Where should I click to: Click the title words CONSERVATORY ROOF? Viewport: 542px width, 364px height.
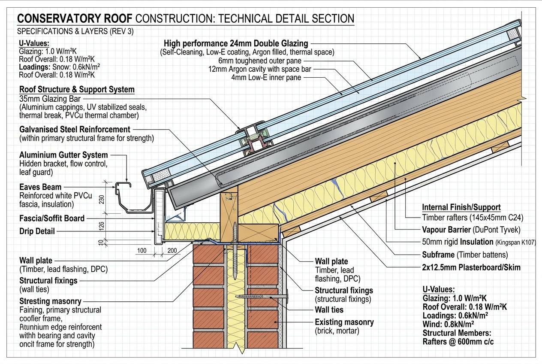point(75,18)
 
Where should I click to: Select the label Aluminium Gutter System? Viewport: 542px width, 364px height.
point(63,155)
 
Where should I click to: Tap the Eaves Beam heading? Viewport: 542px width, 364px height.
point(40,187)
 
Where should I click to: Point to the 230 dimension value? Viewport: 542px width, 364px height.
point(102,199)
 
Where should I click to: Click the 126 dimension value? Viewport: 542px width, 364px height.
point(102,226)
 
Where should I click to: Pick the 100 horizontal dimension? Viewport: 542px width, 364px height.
point(142,250)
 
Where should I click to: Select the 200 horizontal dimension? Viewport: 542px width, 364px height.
point(172,250)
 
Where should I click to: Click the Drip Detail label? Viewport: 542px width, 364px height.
point(37,231)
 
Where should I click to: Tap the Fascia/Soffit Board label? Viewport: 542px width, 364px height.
point(52,218)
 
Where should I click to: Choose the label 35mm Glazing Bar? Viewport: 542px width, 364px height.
point(50,99)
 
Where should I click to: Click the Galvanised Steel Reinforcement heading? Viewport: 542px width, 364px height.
point(75,129)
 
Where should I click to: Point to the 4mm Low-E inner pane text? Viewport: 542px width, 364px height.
point(266,78)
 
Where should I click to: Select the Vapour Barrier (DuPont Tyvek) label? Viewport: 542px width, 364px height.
point(471,230)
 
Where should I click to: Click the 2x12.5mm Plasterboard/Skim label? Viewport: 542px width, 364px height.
point(471,267)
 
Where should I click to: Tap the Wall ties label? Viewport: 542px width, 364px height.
point(329,310)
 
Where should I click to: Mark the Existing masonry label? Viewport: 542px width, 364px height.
point(344,322)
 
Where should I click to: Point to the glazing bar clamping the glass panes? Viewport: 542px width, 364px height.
point(253,139)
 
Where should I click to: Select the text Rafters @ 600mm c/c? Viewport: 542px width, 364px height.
point(458,342)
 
